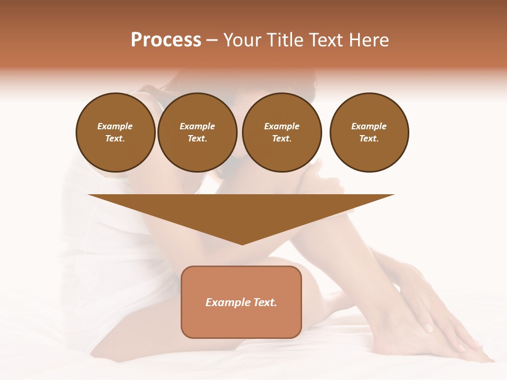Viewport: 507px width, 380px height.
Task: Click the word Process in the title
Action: point(166,40)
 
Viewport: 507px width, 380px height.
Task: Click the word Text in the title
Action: point(326,40)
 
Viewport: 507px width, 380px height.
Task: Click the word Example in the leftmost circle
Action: point(115,126)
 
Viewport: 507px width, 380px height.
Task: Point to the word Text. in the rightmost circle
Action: point(369,138)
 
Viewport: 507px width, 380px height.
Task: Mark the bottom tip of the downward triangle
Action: point(242,244)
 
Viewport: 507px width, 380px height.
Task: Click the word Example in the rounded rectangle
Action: point(226,302)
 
